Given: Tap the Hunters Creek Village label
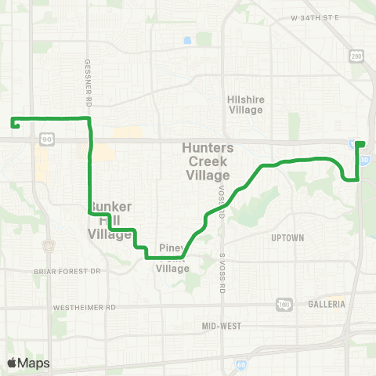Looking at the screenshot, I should coord(207,161).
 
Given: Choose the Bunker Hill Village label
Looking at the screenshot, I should coord(110,220).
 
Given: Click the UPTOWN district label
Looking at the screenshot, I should coord(287,237).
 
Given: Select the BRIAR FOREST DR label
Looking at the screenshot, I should coord(69,271).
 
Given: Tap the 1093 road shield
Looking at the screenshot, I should coord(284,304).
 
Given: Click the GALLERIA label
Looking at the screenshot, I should coord(327,303).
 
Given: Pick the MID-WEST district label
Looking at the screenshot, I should coord(221,325).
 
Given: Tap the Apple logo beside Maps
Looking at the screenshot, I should coord(12,363).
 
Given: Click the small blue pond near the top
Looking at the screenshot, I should coord(187,40).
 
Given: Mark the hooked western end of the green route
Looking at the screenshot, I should coord(14,122).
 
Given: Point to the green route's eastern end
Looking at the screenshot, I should coord(363,143).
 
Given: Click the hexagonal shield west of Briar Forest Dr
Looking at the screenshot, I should coord(50,245).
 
